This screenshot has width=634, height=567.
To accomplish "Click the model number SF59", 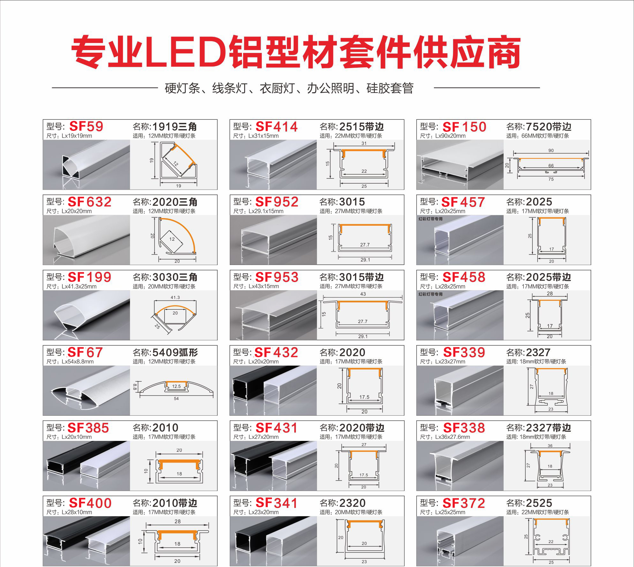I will pos(86,126).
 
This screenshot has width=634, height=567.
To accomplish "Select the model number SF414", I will pos(276,127).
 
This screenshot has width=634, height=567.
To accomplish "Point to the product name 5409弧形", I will pos(175,352).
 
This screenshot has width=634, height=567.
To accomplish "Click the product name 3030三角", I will pos(175,277).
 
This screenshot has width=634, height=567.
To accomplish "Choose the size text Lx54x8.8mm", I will pos(78,362).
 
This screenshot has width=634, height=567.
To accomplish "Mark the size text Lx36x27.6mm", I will pos(452,437).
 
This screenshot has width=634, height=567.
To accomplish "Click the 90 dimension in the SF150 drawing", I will pos(551,150).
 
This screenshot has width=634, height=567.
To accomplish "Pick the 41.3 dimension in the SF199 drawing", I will pos(175,297).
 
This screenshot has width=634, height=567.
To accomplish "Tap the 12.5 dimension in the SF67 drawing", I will pos(176,386).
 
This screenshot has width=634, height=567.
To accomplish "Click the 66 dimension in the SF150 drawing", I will pos(551,166).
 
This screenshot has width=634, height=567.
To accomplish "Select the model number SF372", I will pos(464,503).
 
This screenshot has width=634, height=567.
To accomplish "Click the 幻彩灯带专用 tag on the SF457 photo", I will pos(430,219).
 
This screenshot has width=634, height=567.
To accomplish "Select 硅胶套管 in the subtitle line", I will pos(390,88).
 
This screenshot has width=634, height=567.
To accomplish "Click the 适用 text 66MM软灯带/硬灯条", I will pos(545,136).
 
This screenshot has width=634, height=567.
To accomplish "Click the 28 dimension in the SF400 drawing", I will pos(178,521).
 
